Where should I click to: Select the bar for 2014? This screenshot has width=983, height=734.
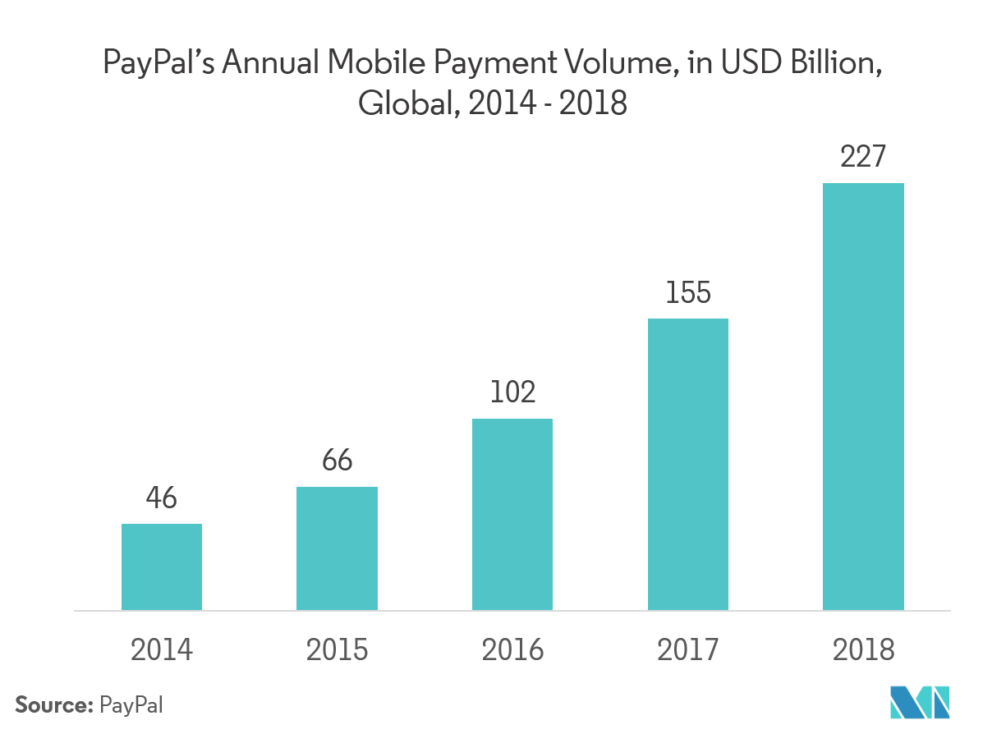click(x=162, y=567)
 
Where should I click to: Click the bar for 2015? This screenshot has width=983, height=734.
click(x=337, y=548)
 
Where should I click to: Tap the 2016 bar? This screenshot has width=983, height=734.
click(x=512, y=515)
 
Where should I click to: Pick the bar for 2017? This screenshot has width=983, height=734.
click(x=688, y=465)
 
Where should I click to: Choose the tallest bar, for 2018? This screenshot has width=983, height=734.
click(x=863, y=397)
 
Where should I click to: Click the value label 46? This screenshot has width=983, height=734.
click(x=162, y=498)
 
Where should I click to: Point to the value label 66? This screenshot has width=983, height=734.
click(x=337, y=461)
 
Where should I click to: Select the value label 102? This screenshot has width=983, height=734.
click(x=512, y=392)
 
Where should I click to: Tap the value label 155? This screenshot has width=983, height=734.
click(x=688, y=292)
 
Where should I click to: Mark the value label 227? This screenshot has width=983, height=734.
click(x=863, y=157)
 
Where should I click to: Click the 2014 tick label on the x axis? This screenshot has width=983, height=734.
click(x=162, y=650)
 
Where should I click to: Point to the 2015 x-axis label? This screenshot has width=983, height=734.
click(x=337, y=650)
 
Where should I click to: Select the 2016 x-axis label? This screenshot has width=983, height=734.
click(x=512, y=650)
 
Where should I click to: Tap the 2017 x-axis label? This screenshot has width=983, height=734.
click(x=688, y=650)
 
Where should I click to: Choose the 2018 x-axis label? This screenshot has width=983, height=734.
click(x=863, y=650)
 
